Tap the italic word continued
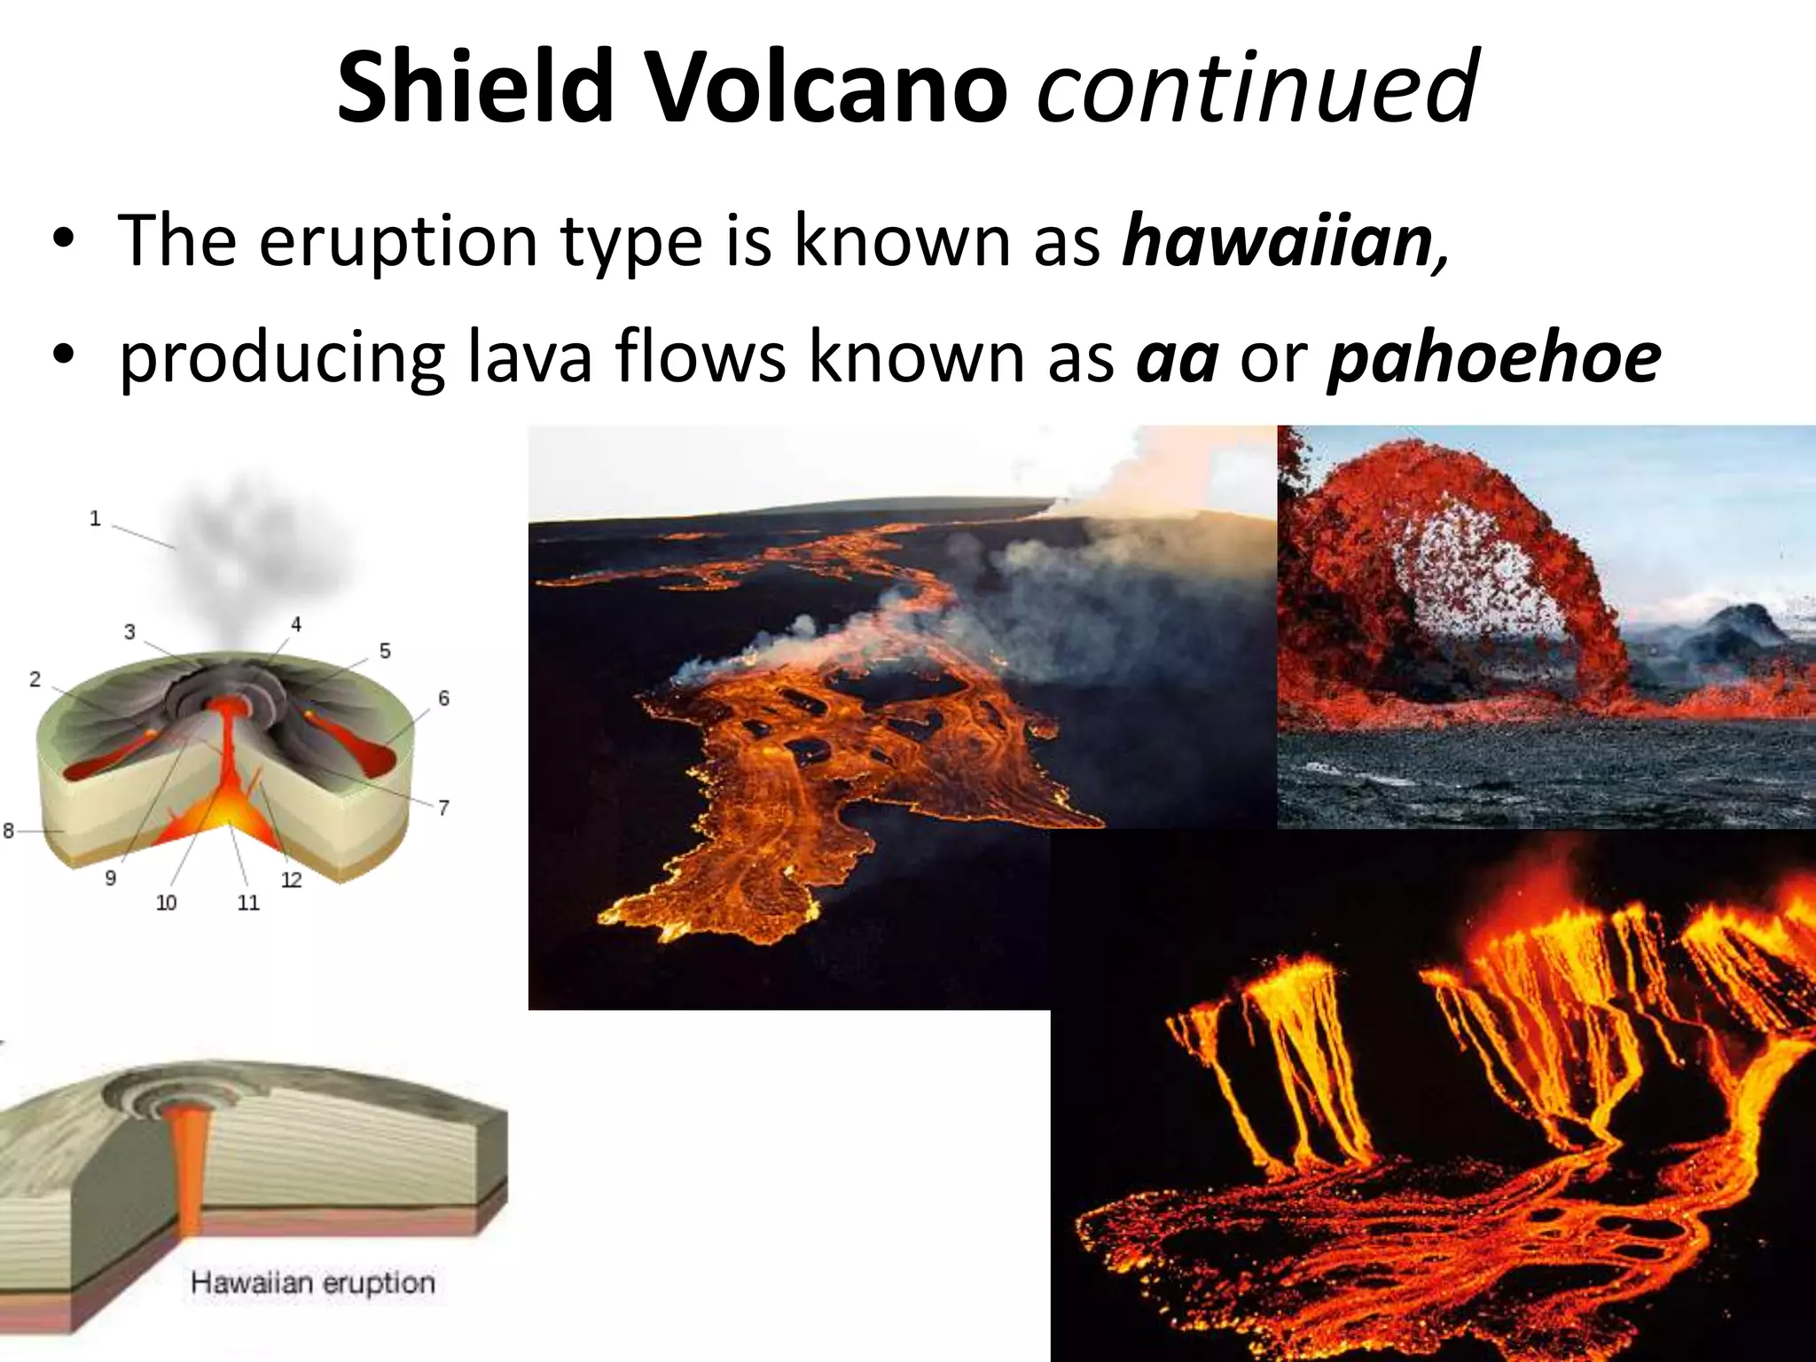tap(1256, 87)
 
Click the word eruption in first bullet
tap(398, 240)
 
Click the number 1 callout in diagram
tap(95, 519)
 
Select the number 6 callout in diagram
tap(443, 699)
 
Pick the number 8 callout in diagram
tap(8, 831)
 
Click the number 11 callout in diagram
tap(248, 903)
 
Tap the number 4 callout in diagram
tap(296, 625)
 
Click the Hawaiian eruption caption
tap(312, 1283)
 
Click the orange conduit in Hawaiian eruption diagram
tap(189, 1162)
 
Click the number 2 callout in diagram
tap(35, 680)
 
